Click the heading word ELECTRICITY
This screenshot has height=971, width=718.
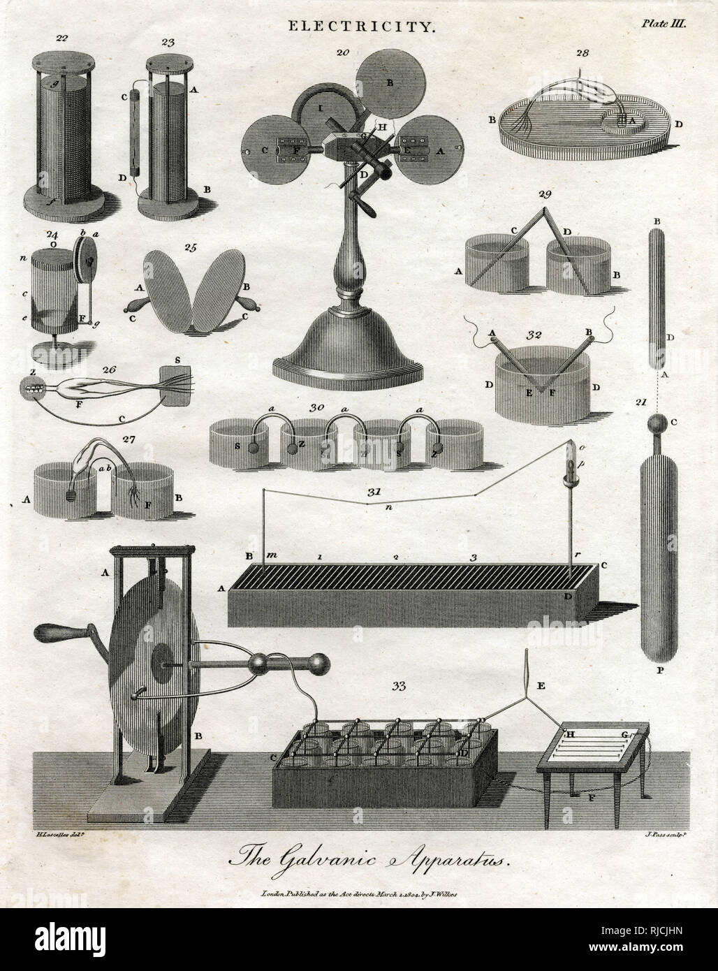pos(352,27)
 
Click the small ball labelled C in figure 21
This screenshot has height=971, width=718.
pos(657,425)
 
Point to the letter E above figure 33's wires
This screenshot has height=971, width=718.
pos(539,666)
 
